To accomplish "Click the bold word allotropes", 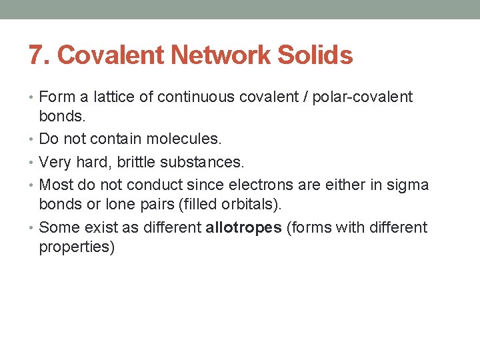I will coord(243,227).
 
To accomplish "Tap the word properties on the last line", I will coord(77,247).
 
